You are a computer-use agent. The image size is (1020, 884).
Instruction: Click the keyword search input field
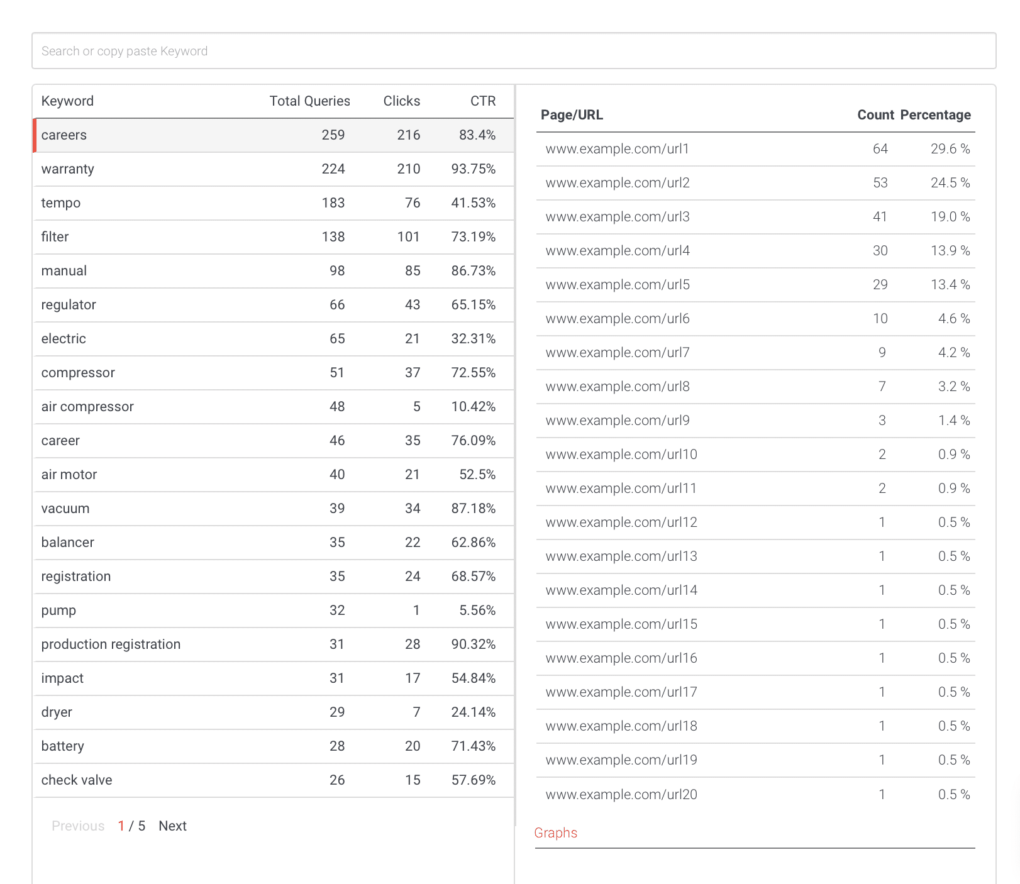514,51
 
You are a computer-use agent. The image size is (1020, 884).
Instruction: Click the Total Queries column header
310,101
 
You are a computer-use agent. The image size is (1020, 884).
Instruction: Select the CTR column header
483,101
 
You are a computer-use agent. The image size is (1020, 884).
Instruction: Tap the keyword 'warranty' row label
68,169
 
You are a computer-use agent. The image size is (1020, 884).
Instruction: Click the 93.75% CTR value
474,169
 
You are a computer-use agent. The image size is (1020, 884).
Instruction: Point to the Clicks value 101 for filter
409,237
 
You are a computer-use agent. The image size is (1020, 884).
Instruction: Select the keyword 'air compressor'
87,407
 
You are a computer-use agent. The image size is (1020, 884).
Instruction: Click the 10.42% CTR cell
474,407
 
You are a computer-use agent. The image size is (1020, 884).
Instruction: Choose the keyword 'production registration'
111,644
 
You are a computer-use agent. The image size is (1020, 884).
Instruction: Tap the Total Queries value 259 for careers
333,135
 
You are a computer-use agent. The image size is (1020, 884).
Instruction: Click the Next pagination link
172,826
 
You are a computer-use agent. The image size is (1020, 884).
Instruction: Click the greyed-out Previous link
78,826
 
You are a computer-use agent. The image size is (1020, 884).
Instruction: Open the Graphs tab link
556,833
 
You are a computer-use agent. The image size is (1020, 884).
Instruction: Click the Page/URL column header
572,115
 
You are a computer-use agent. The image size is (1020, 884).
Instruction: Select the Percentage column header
936,115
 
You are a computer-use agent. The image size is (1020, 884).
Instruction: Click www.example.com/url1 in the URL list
618,149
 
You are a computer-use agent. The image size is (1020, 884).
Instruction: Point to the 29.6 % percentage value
950,149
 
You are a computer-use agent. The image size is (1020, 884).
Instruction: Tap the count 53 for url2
880,183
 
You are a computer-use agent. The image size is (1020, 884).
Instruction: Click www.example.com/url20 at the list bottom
621,795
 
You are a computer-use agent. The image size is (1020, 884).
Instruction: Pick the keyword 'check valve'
77,780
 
